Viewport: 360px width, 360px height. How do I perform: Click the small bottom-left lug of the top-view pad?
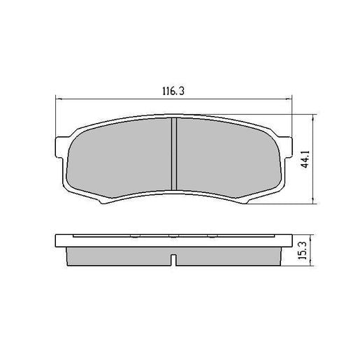click(x=103, y=201)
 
